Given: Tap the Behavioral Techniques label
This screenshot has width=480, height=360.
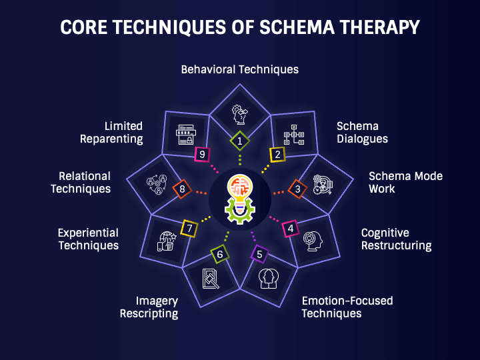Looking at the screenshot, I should coord(240,69).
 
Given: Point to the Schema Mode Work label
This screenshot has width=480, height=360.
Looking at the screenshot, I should coord(405,182).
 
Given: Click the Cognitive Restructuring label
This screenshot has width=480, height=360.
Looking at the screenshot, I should coord(396,239).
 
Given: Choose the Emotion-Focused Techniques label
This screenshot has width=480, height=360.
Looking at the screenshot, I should coord(347,307).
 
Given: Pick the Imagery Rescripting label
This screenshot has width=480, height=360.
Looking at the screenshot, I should coord(149,307).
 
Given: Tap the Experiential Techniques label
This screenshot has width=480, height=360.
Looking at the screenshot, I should coord(88,239).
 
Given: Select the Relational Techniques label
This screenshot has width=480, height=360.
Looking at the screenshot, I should coord(84,182).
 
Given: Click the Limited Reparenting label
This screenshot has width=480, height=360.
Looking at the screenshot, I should coord(112,133).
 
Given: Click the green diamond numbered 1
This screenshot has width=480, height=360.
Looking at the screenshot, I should coord(240,141).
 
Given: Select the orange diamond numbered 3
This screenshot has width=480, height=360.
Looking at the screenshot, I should coord(297,189).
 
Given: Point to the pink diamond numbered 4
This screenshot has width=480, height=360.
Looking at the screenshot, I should coord(290,229).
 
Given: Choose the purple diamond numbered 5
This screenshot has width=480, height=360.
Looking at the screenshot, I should coord(259,254).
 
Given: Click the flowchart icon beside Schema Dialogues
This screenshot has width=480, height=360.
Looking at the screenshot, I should coord(294,135).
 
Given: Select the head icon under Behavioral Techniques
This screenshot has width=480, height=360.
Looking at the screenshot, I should coord(240,113).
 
